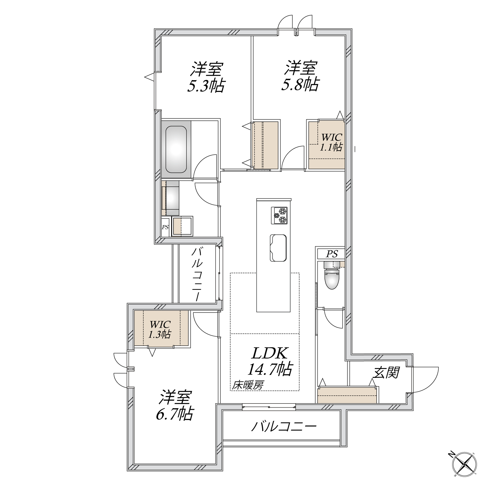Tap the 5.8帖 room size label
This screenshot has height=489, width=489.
click(300, 84)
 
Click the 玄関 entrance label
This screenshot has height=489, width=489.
click(386, 372)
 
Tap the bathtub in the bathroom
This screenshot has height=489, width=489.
click(176, 150)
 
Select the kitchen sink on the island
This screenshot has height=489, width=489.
click(278, 247)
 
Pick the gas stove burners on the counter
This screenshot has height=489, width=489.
click(279, 215)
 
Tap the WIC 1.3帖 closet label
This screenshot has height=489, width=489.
click(160, 329)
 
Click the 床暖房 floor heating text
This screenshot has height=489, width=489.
click(247, 386)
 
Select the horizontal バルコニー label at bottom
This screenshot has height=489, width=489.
click(284, 426)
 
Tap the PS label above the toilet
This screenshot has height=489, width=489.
click(332, 254)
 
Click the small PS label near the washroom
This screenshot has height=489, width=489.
click(165, 227)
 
